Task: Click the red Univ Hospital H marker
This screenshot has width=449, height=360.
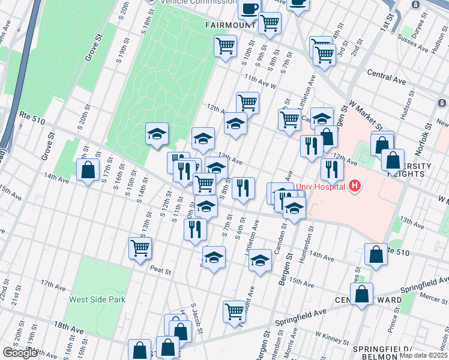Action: (x=355, y=186)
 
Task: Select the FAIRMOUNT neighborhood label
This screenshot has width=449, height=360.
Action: (x=229, y=26)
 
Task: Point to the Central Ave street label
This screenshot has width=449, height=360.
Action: (x=387, y=77)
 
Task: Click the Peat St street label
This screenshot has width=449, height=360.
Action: (x=161, y=271)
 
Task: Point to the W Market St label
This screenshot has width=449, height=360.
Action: (x=366, y=116)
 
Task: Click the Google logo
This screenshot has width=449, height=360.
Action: (x=20, y=353)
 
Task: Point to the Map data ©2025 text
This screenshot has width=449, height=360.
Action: (x=423, y=355)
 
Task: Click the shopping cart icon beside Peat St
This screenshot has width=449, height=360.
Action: (x=140, y=247)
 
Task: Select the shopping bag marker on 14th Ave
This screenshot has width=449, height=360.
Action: (x=88, y=169)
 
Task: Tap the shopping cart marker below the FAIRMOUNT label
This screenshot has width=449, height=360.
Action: (x=225, y=45)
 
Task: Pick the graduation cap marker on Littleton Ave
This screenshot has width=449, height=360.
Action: (x=260, y=260)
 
